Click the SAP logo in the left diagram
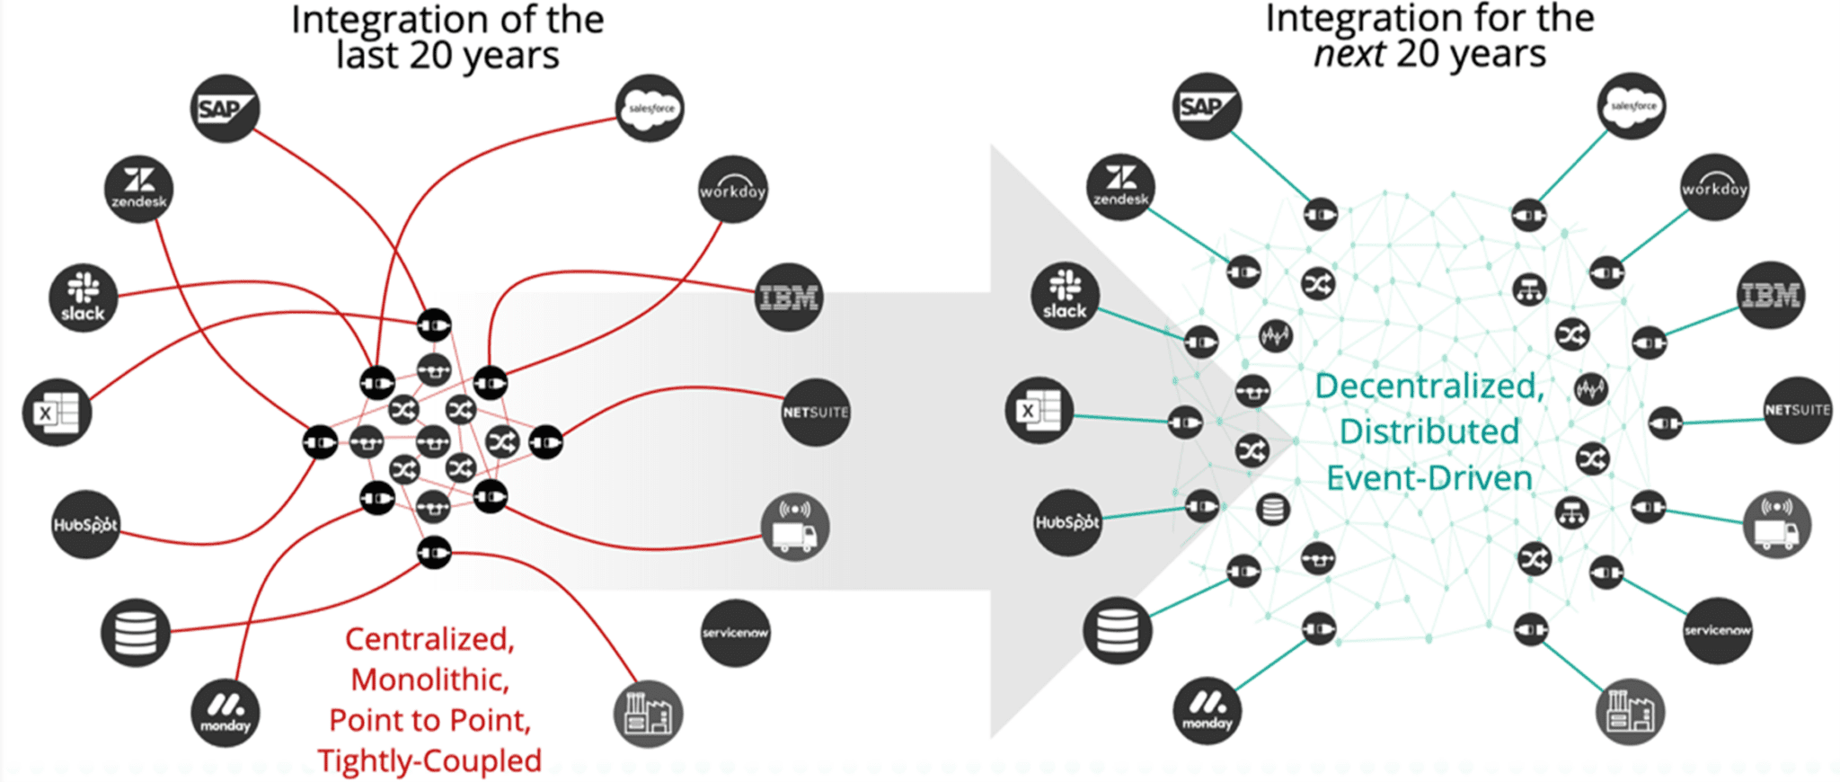225,108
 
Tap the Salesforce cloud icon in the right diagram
1632,106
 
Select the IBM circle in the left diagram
789,297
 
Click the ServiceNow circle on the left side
735,633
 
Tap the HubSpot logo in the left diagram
85,525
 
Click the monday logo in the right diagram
1207,710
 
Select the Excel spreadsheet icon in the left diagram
57,413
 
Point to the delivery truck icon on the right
1776,525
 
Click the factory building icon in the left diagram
648,714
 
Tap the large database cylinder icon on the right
1117,629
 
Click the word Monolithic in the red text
429,680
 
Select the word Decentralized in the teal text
1429,387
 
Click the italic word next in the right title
1349,54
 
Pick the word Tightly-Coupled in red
429,760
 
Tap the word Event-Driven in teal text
1429,478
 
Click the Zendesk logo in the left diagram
138,189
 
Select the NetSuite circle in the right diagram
1797,410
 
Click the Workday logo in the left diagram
732,189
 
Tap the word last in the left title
367,56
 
